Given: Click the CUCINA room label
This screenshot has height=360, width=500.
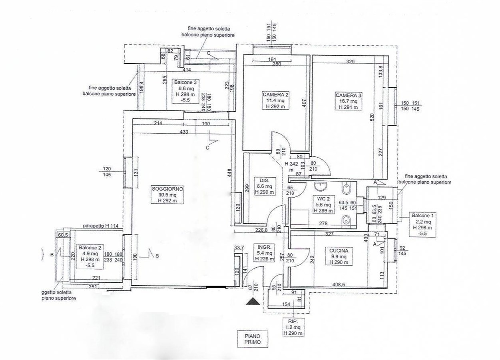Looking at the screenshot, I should [x=339, y=256].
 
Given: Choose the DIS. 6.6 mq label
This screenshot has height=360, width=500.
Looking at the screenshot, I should [x=264, y=186].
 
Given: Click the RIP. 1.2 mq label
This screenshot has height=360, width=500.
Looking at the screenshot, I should [x=293, y=327].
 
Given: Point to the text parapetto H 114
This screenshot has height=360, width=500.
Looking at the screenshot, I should [x=101, y=226].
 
